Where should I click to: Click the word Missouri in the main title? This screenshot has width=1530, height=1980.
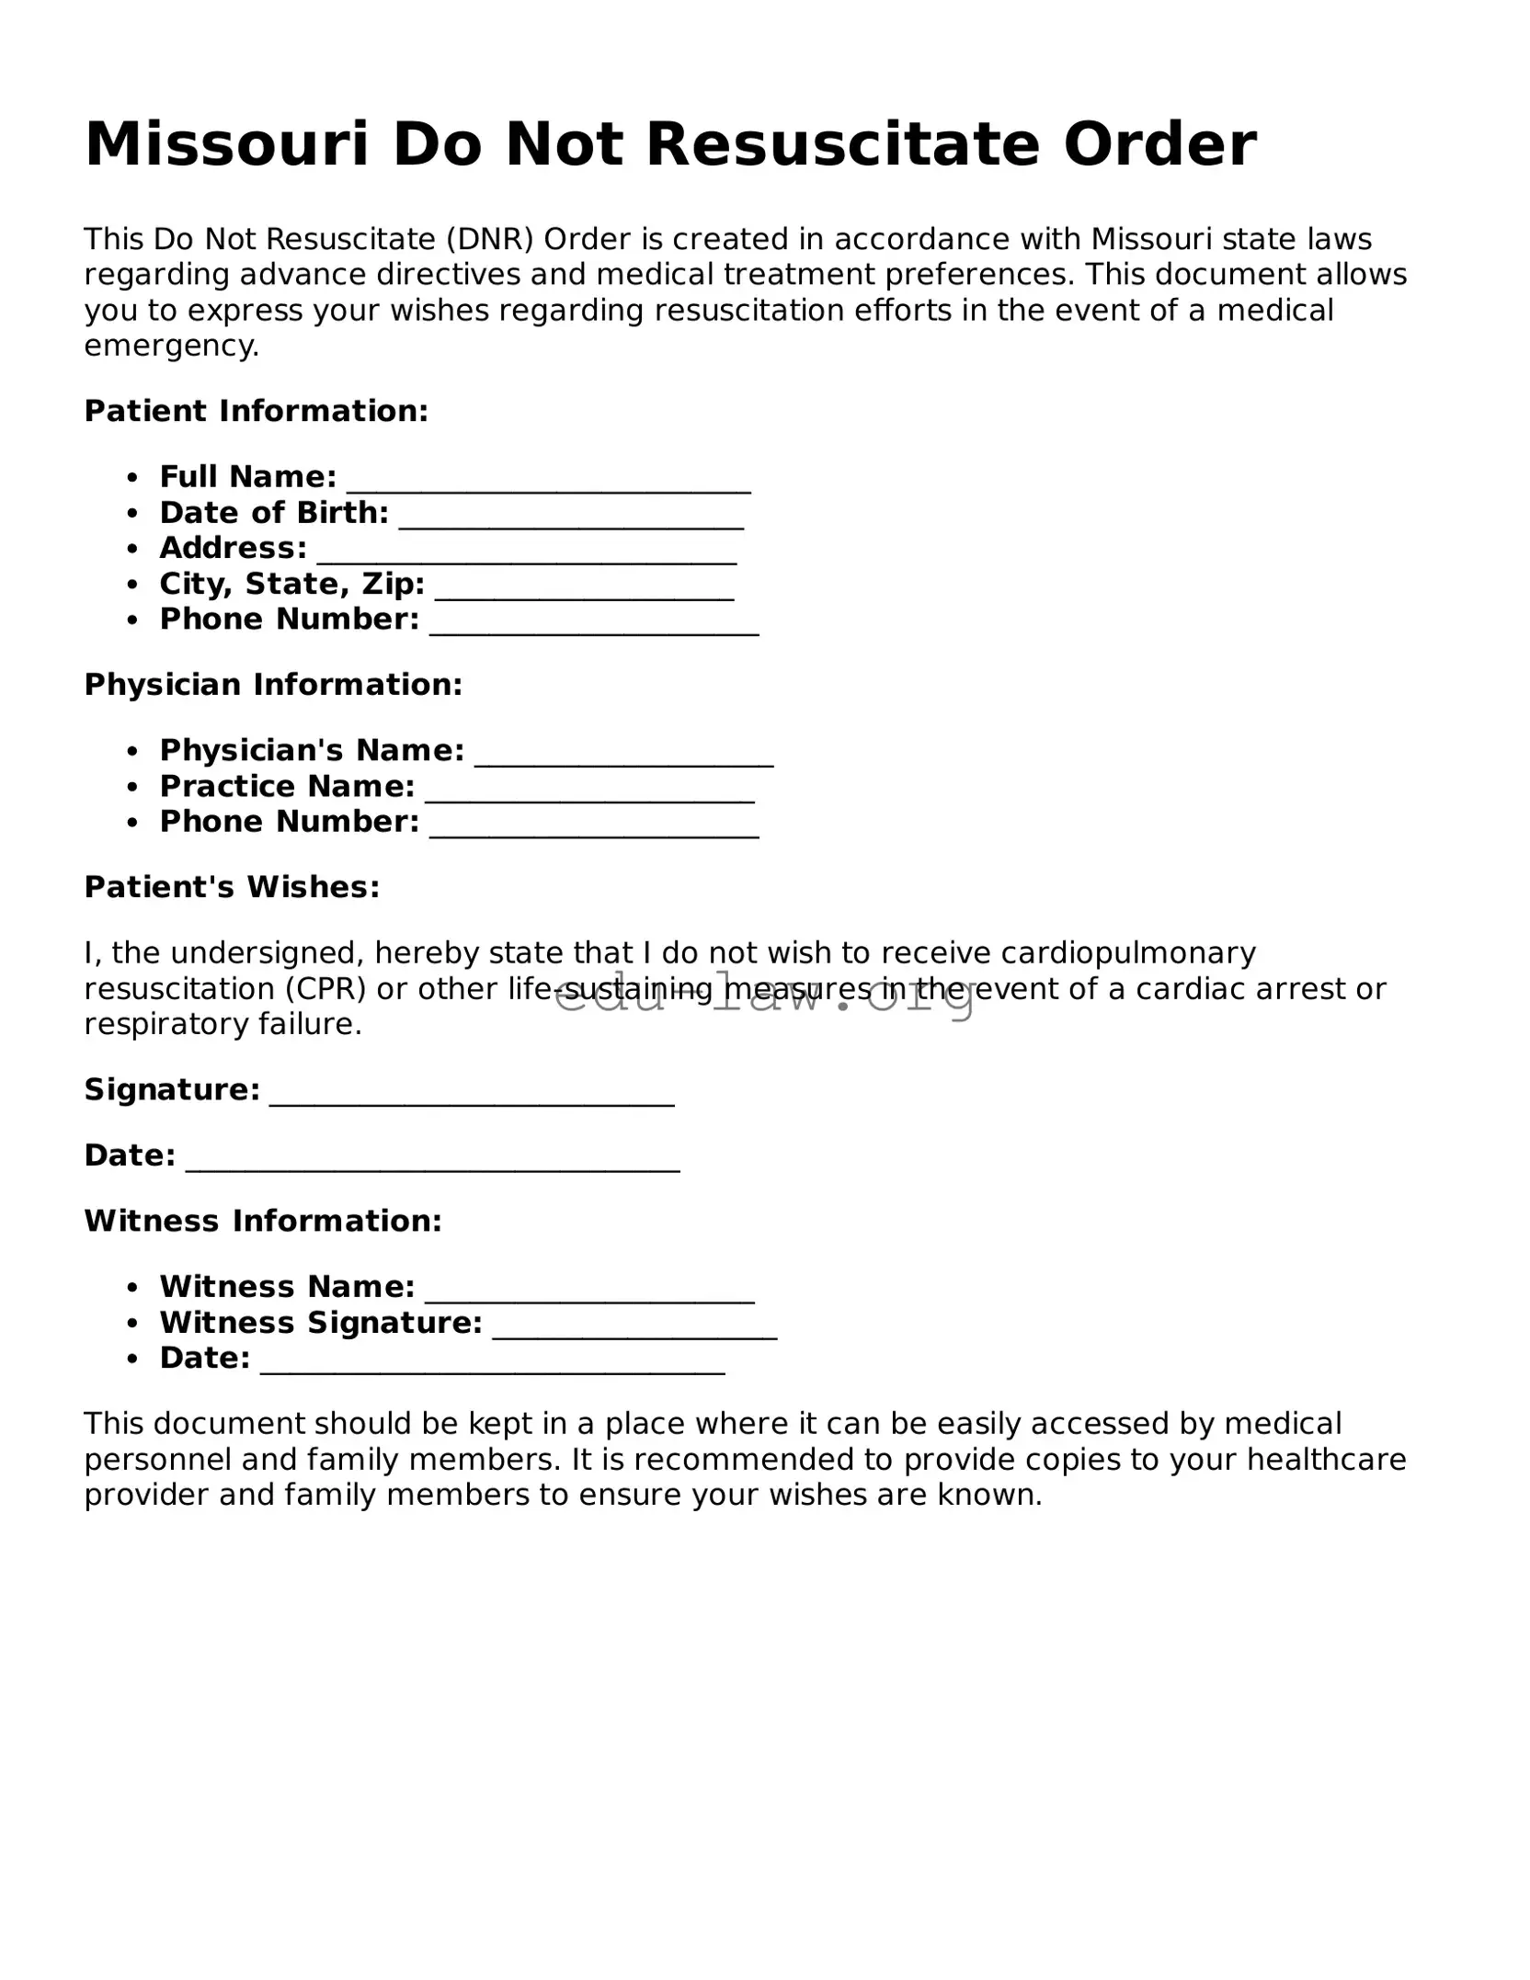(x=226, y=145)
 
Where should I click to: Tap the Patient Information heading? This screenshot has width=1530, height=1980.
(x=257, y=411)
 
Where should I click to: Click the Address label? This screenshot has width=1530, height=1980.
(x=233, y=548)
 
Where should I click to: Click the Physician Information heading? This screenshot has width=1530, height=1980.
(x=273, y=685)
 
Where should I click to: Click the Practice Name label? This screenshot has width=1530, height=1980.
(x=287, y=787)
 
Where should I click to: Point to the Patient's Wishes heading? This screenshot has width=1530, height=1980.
(x=232, y=887)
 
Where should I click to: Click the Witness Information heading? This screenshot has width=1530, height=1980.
(x=263, y=1221)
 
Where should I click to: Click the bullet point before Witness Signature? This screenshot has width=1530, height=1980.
(x=133, y=1324)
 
